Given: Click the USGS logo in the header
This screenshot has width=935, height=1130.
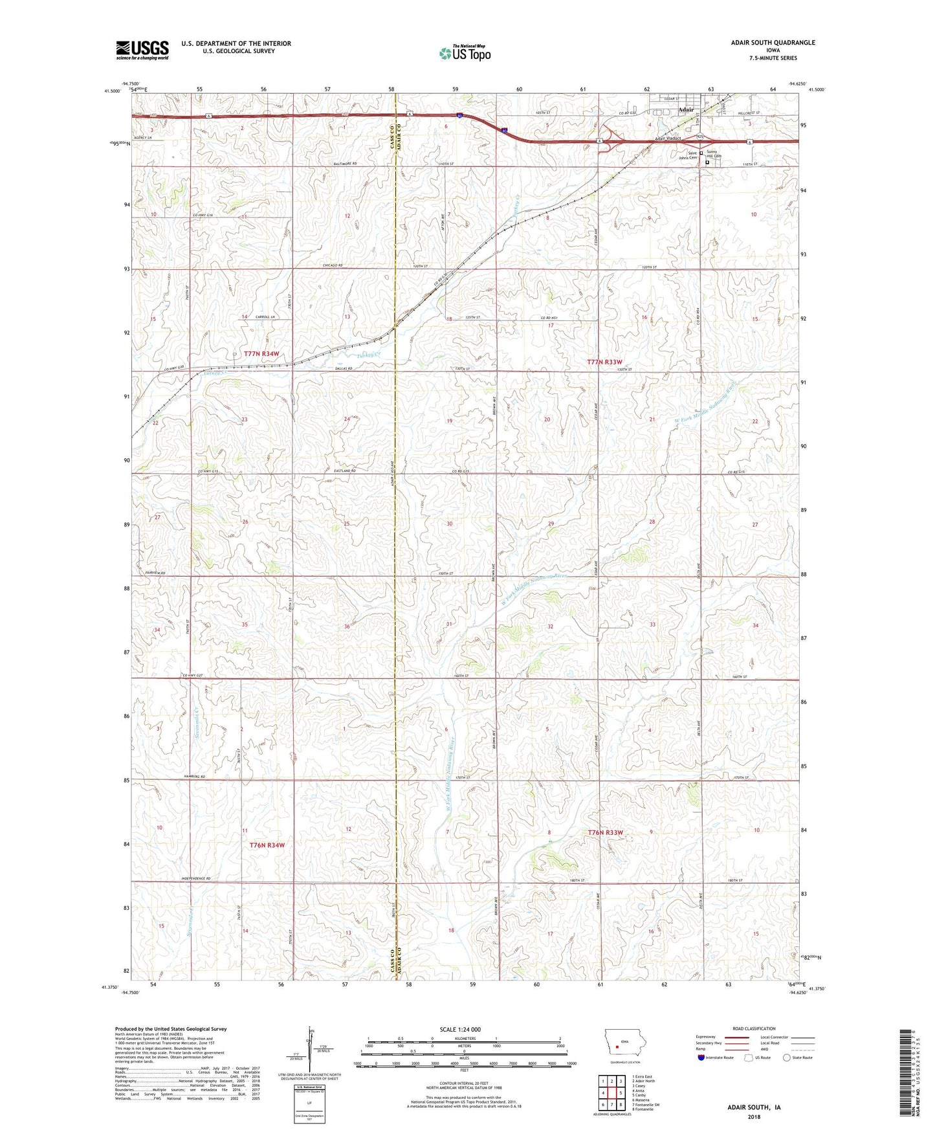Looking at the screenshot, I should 142,50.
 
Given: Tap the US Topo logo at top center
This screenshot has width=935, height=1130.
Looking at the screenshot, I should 465,53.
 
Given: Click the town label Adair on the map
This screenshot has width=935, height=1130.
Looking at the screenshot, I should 685,110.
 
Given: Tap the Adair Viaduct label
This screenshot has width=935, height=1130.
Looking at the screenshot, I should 668,138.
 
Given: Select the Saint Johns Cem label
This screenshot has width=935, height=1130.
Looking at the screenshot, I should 688,155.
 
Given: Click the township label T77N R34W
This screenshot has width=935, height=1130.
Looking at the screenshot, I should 261,354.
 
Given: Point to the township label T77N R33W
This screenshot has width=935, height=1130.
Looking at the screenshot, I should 604,362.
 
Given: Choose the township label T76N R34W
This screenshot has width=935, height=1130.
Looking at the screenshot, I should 267,845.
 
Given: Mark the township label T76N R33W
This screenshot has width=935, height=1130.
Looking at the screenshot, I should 606,832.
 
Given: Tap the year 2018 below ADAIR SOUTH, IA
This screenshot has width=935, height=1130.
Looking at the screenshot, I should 754,1116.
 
